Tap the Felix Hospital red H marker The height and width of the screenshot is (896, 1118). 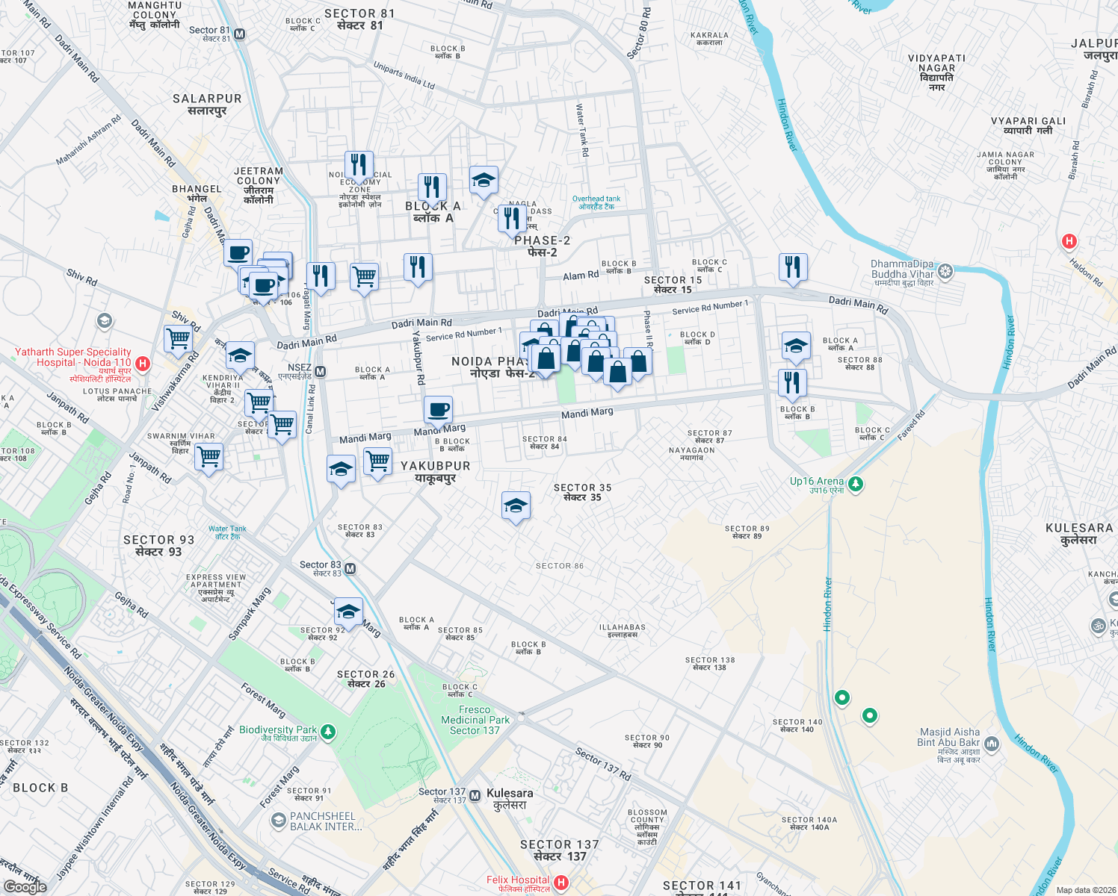(560, 883)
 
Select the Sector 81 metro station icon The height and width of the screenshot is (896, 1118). (240, 34)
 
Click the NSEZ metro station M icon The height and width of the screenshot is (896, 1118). (320, 372)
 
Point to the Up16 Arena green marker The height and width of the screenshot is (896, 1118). (856, 485)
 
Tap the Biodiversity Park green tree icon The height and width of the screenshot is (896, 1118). (328, 732)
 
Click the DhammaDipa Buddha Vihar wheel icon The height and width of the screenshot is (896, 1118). (945, 271)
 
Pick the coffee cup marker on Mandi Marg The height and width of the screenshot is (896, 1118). (439, 409)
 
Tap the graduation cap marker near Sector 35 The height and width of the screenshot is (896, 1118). (516, 506)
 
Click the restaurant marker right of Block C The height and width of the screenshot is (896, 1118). (793, 267)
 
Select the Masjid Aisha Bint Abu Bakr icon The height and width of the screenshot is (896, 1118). (992, 743)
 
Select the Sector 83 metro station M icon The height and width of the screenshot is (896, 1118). (350, 569)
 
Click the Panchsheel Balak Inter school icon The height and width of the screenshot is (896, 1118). (279, 821)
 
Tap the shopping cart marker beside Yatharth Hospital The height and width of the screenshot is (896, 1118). (179, 338)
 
